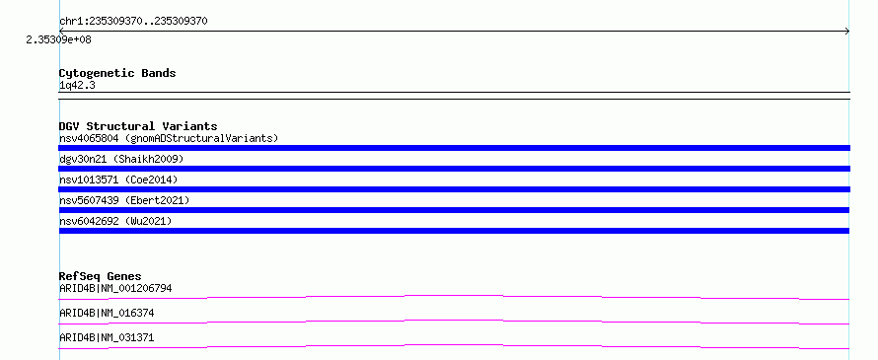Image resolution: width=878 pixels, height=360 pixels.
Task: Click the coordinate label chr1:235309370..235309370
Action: [x=133, y=22]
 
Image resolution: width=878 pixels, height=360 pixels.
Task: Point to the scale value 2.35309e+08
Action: [x=59, y=39]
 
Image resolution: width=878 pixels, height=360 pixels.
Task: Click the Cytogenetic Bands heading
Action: [x=117, y=73]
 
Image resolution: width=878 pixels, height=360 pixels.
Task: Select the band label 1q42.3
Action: [x=77, y=85]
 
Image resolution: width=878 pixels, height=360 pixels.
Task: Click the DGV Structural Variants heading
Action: [x=138, y=126]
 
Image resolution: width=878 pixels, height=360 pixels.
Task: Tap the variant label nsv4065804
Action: [x=89, y=138]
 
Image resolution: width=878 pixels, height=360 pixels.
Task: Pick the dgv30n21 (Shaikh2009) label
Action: [x=121, y=159]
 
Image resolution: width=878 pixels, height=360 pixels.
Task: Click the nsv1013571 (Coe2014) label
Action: [x=118, y=180]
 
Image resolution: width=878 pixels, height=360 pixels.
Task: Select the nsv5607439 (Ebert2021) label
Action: [x=124, y=200]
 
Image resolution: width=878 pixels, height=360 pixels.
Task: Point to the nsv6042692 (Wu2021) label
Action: [x=115, y=221]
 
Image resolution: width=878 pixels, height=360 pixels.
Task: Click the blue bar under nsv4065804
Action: [x=454, y=148]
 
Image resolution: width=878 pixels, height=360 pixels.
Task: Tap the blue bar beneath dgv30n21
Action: [x=454, y=169]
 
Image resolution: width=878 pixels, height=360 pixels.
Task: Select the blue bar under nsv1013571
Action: [x=454, y=189]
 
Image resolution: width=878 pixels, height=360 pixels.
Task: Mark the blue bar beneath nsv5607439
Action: [x=454, y=210]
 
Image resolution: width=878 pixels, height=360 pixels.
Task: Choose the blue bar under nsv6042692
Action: [x=454, y=231]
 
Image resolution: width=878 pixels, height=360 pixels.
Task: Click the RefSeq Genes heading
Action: [x=101, y=276]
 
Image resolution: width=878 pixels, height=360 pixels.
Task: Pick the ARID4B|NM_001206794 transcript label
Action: [x=115, y=288]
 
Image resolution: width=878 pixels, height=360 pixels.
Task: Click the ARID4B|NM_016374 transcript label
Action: [x=107, y=313]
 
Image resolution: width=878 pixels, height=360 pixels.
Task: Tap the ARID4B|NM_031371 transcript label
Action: [x=107, y=337]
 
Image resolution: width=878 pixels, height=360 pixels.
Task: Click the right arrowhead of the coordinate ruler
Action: [x=848, y=32]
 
